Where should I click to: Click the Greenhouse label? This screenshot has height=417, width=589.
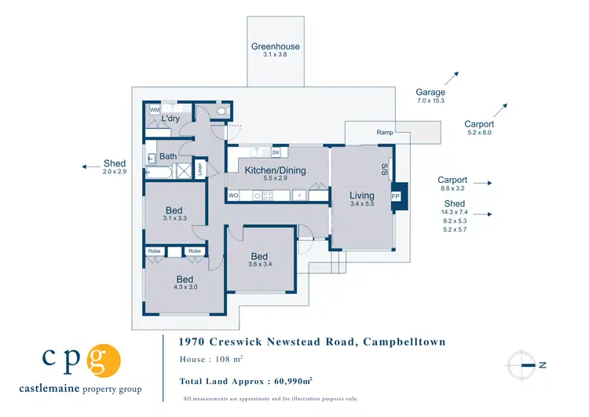tap(275, 46)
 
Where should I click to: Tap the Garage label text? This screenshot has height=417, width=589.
tap(430, 93)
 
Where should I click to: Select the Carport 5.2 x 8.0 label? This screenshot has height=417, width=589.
tap(479, 124)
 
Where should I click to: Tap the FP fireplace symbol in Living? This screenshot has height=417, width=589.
tap(395, 196)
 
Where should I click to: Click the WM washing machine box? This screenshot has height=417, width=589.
tap(155, 111)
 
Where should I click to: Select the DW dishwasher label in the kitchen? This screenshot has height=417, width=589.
tap(276, 152)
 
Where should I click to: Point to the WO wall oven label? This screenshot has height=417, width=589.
tap(233, 195)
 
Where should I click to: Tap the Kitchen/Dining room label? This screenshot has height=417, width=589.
tap(275, 170)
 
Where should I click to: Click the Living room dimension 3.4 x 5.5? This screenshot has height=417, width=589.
tap(363, 204)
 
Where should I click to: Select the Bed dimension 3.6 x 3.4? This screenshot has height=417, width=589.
tap(260, 265)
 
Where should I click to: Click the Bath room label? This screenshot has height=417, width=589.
tap(168, 156)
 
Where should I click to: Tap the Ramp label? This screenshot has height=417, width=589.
tap(384, 133)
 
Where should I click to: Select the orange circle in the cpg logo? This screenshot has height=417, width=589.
tap(104, 361)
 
